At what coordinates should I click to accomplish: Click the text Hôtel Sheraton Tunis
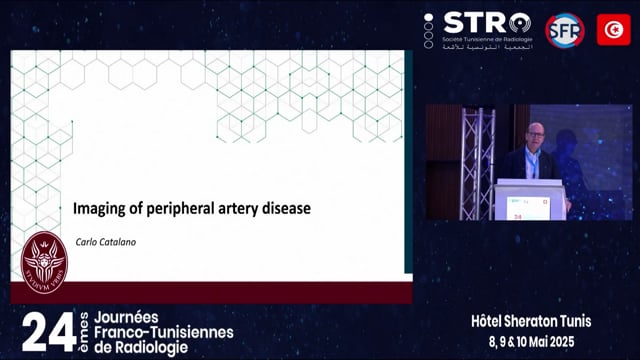click(531, 321)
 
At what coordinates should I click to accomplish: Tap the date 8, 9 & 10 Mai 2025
click(532, 341)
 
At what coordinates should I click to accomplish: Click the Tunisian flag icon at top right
click(613, 29)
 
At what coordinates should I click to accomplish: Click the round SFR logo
click(564, 29)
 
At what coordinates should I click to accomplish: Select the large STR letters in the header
click(475, 22)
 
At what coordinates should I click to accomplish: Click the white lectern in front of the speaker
click(529, 200)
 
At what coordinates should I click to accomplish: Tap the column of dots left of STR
click(429, 30)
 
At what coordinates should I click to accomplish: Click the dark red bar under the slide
click(210, 292)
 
